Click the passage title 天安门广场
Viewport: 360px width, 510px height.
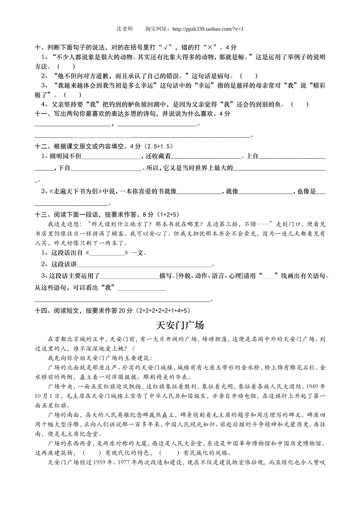(x=180, y=325)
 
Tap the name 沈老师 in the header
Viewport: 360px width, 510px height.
(x=125, y=29)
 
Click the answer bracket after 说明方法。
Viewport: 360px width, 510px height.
(x=66, y=66)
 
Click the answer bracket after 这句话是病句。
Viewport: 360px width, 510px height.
(x=249, y=76)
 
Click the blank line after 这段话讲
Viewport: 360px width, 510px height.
(x=144, y=265)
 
